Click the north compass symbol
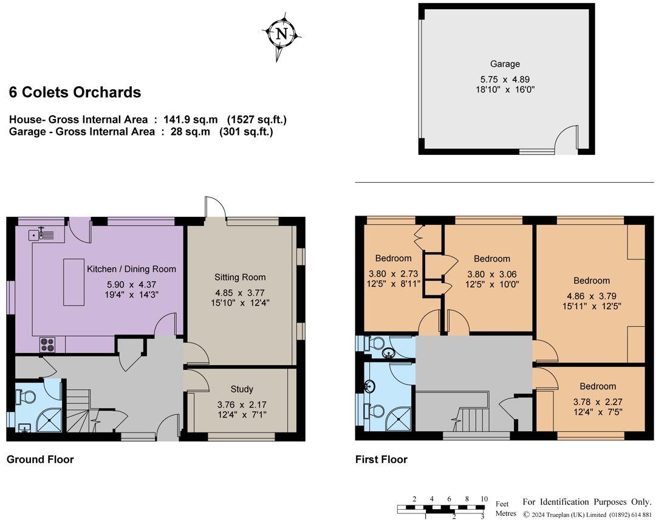click(282, 35)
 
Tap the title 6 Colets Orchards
click(75, 92)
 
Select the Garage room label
click(505, 64)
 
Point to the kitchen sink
click(41, 233)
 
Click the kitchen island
click(75, 282)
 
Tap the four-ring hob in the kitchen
click(47, 344)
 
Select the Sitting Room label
click(240, 277)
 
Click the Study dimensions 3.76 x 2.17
click(241, 405)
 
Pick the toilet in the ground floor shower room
click(27, 396)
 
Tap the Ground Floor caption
click(40, 459)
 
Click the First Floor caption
click(381, 459)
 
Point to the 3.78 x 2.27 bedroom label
click(597, 386)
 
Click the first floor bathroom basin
click(370, 386)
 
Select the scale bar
click(442, 509)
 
